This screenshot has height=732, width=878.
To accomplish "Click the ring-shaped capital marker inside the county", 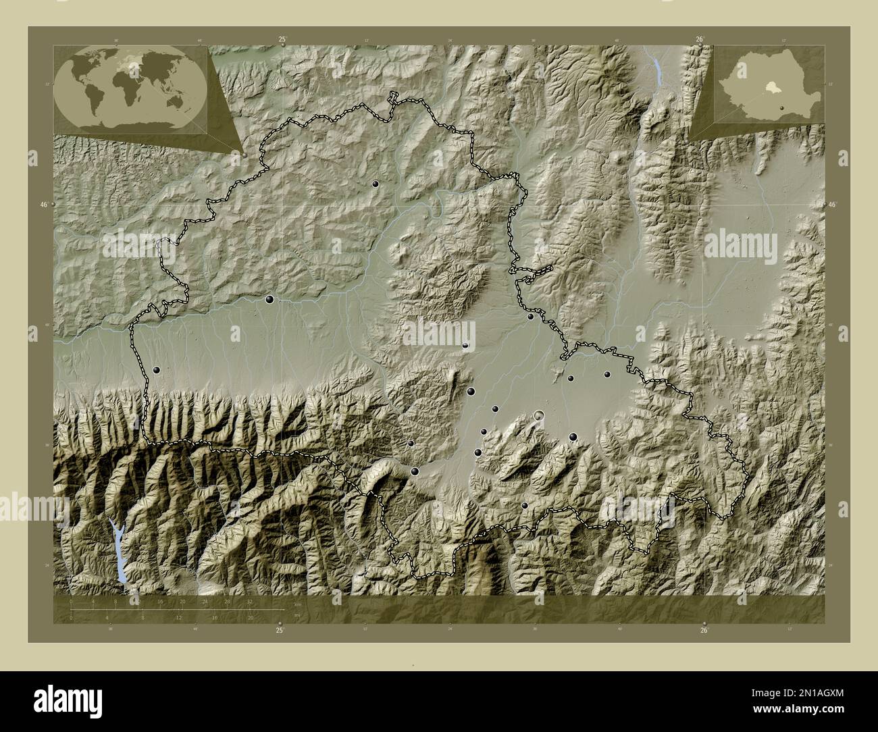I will point(539,415).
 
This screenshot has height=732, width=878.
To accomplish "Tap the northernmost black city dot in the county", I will point(375,184).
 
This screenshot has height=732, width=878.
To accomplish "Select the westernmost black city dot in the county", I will point(157,370).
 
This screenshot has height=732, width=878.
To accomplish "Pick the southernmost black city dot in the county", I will point(525,505).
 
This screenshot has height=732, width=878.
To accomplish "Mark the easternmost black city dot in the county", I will point(607,374).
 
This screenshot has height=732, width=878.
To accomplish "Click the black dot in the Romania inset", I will point(781,107).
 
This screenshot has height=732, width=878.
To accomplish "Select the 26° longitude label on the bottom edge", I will point(704,631).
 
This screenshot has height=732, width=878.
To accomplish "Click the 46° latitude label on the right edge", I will point(832,205).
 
